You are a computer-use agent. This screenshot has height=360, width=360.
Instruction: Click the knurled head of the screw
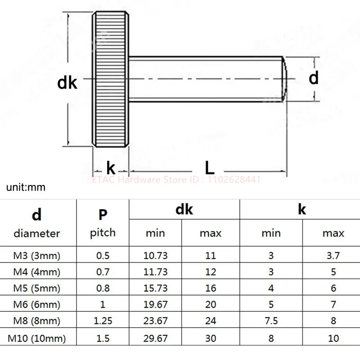(x=111, y=80)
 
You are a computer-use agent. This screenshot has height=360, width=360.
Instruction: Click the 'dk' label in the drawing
(x=67, y=83)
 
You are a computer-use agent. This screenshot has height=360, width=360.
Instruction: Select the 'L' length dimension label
(x=209, y=167)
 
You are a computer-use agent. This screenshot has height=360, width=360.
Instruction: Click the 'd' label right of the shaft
(x=314, y=78)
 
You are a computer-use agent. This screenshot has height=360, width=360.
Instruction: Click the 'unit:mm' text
(x=26, y=187)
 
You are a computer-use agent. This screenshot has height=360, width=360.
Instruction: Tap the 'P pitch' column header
(x=103, y=223)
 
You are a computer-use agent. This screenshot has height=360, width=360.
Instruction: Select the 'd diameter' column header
(x=37, y=223)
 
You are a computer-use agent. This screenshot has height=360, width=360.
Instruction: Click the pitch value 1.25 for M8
(x=103, y=321)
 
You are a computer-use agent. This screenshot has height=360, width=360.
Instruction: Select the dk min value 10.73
(x=155, y=256)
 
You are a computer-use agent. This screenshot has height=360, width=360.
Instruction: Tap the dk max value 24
(x=211, y=321)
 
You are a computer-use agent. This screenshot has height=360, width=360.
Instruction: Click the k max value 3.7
(x=333, y=256)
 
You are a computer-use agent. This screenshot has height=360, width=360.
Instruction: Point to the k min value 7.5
(x=271, y=321)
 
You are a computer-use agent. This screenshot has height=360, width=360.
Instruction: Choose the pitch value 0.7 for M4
(x=103, y=272)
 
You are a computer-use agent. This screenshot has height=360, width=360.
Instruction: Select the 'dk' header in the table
(x=184, y=209)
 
